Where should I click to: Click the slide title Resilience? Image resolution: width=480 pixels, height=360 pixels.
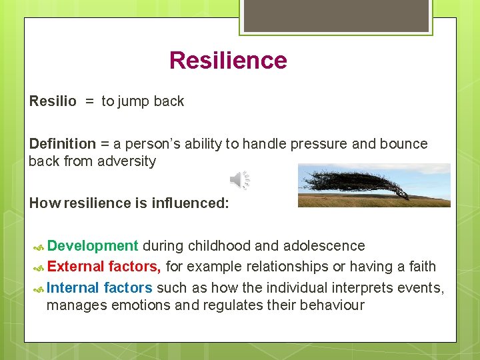[x=228, y=61]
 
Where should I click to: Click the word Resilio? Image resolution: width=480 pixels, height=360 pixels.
[x=53, y=101]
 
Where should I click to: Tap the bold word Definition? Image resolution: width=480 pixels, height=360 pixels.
[x=63, y=144]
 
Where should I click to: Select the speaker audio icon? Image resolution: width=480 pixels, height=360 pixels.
[x=240, y=180]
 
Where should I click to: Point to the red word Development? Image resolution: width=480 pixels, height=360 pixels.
[x=93, y=246]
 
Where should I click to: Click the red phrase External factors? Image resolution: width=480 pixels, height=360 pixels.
[x=104, y=267]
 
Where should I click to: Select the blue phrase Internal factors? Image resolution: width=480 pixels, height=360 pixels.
[x=100, y=287]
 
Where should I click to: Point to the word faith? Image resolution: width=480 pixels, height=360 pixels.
[x=421, y=267]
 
